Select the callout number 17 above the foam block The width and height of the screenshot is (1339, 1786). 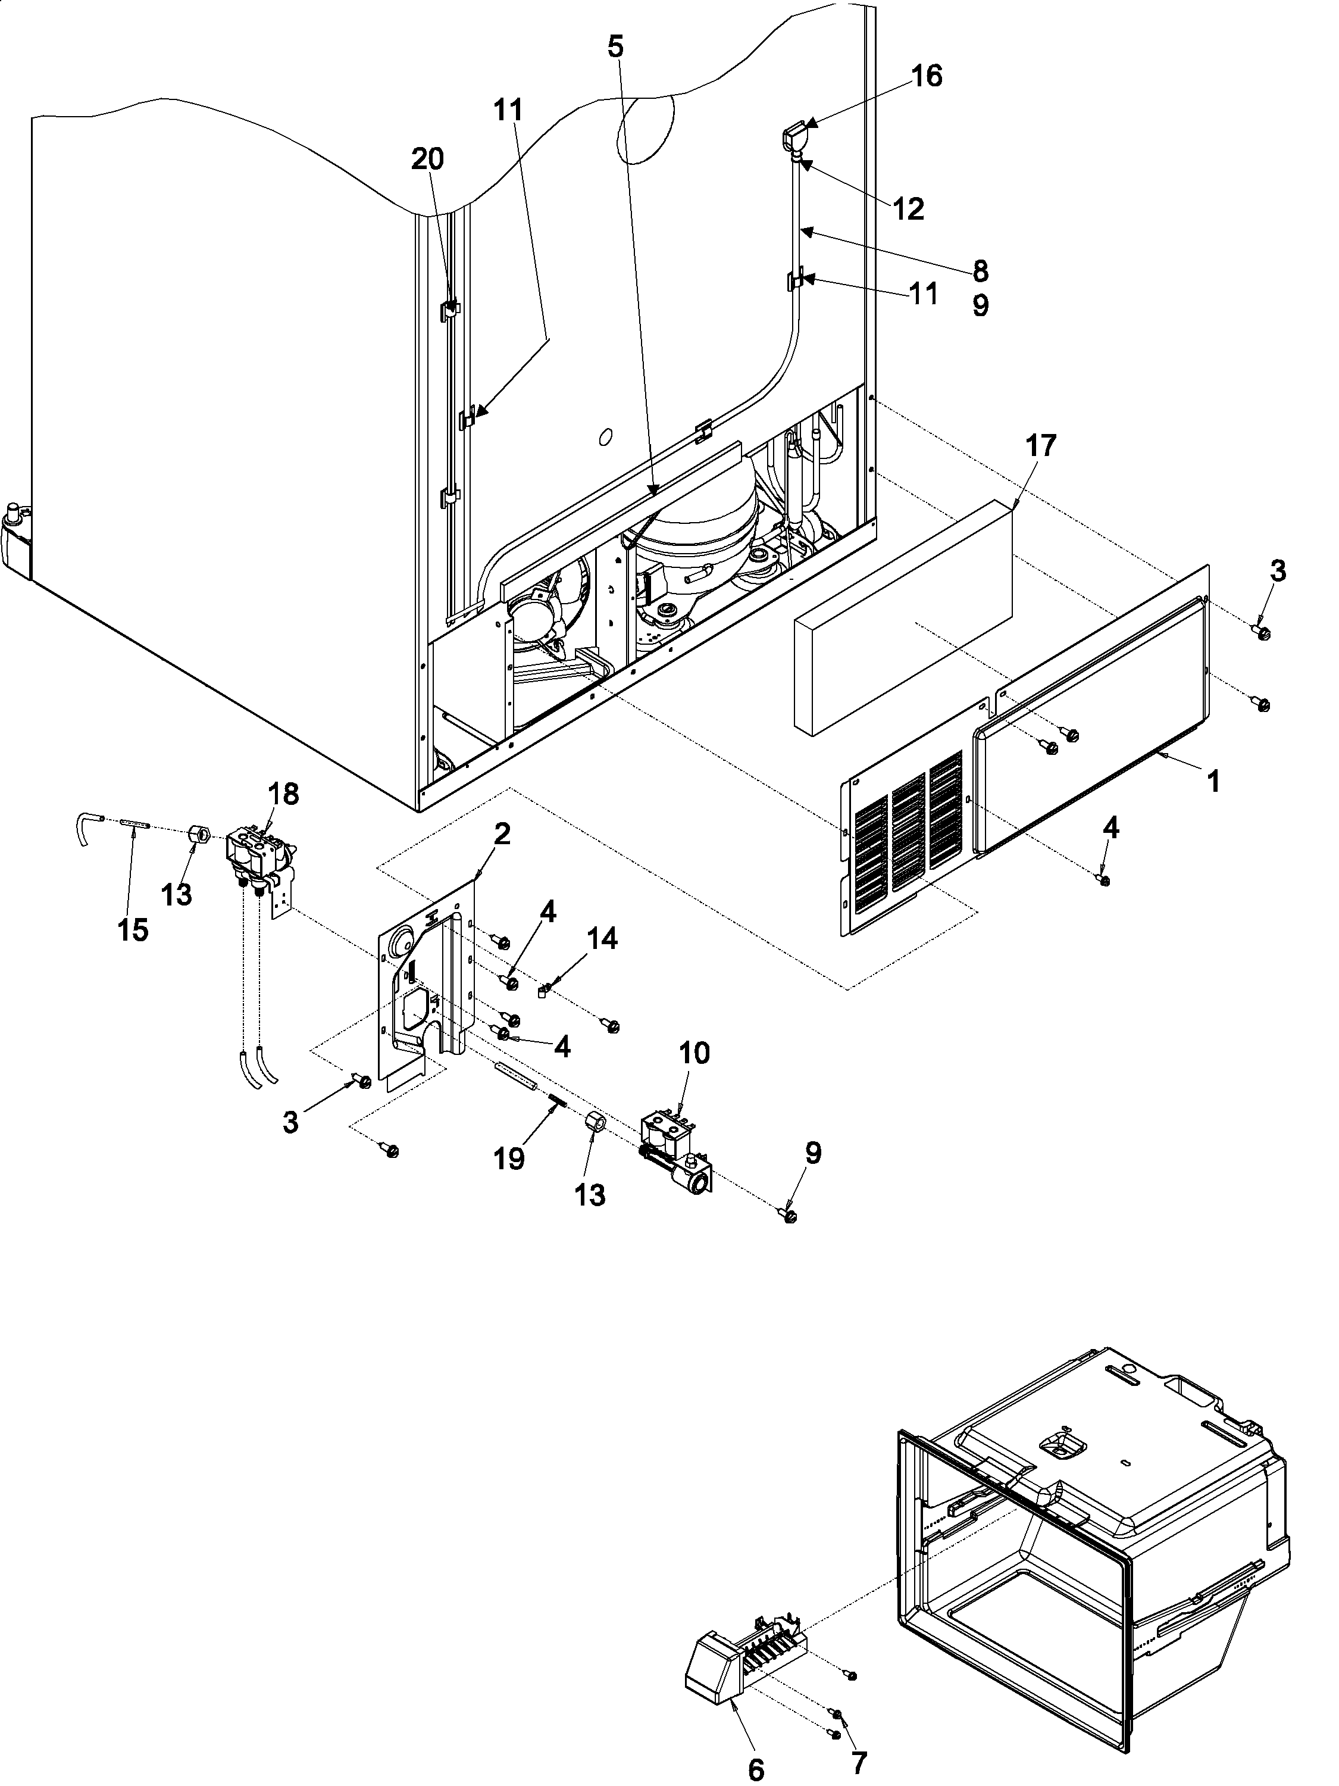coord(1040,446)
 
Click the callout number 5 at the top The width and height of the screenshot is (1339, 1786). coord(615,47)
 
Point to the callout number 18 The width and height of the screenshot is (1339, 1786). coord(284,795)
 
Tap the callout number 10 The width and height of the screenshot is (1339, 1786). coord(694,1053)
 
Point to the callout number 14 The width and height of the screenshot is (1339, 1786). coord(602,938)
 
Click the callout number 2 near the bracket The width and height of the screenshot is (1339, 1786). coord(501,834)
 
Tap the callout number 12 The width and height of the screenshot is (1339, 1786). coord(908,209)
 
